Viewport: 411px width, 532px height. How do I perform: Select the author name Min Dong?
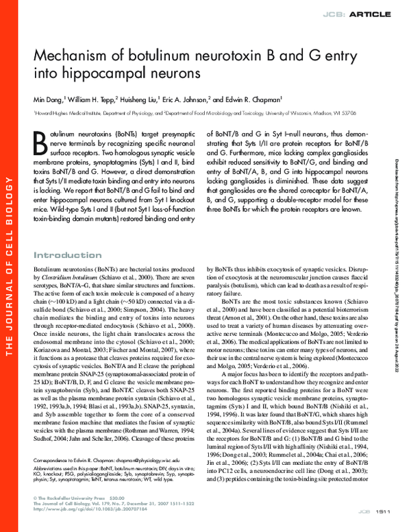coord(49,100)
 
